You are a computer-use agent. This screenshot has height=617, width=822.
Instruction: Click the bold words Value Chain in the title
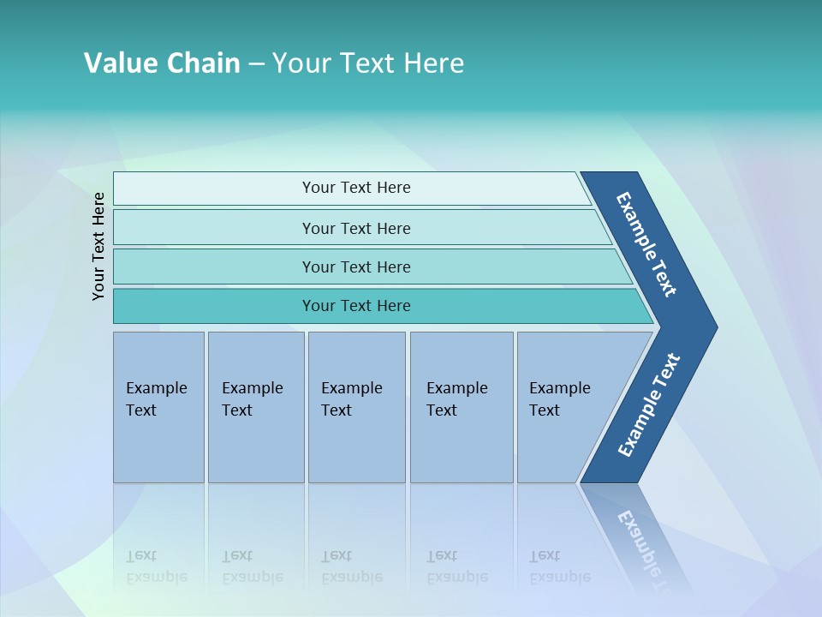162,63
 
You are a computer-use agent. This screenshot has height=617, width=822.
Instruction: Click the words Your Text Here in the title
367,63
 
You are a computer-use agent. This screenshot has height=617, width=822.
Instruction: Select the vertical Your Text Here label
98,246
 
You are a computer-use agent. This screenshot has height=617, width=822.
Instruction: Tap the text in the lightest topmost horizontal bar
356,188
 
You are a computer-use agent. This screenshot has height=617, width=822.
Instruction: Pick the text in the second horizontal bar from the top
356,229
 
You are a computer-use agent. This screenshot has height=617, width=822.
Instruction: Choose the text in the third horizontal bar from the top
356,267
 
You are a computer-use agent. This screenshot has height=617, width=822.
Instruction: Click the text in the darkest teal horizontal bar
356,306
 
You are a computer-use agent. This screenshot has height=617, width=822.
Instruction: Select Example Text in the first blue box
156,399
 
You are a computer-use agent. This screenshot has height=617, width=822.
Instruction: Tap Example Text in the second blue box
252,399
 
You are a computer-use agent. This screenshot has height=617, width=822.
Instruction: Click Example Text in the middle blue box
351,399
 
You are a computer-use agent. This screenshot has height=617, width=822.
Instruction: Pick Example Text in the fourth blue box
456,399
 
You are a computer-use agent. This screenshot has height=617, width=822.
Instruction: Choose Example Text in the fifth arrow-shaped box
559,399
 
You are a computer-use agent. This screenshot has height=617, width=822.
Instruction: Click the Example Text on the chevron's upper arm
647,244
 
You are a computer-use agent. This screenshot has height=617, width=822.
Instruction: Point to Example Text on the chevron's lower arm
649,405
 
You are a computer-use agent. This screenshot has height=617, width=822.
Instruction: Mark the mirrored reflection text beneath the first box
156,566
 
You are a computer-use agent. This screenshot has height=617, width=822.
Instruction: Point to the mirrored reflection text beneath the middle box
351,566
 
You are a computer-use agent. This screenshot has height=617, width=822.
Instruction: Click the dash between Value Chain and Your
256,64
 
